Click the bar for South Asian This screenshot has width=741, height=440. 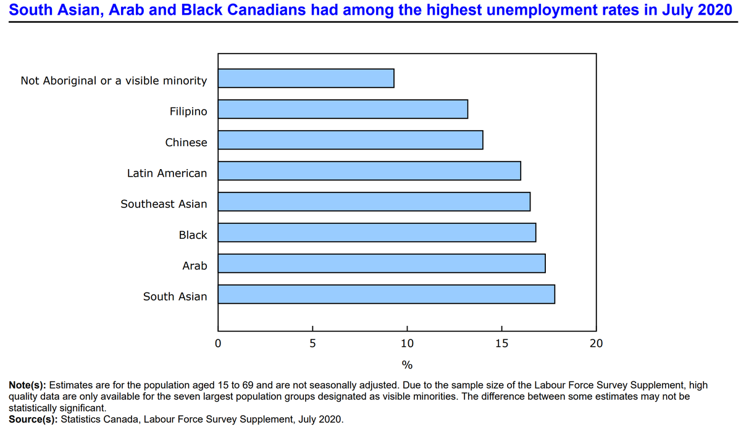(x=386, y=294)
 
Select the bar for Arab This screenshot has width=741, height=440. (x=381, y=264)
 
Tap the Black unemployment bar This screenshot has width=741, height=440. (x=377, y=233)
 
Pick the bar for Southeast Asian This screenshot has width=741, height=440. (x=374, y=202)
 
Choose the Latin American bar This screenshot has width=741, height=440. (x=369, y=171)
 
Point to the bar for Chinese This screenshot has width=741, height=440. (x=350, y=140)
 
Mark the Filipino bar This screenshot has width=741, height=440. (x=343, y=109)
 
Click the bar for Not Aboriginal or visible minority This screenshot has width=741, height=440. (x=306, y=78)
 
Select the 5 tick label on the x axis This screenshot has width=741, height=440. (x=312, y=344)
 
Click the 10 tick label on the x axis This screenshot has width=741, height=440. (x=407, y=344)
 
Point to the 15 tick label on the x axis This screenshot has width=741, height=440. (x=501, y=344)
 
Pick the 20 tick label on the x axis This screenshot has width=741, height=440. (x=596, y=344)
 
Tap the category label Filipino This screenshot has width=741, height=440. (x=188, y=112)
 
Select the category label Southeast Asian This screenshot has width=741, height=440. (x=164, y=204)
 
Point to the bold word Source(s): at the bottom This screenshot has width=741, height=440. (x=33, y=420)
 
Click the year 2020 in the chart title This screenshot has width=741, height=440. (x=714, y=10)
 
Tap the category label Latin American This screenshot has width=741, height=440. (x=167, y=173)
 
